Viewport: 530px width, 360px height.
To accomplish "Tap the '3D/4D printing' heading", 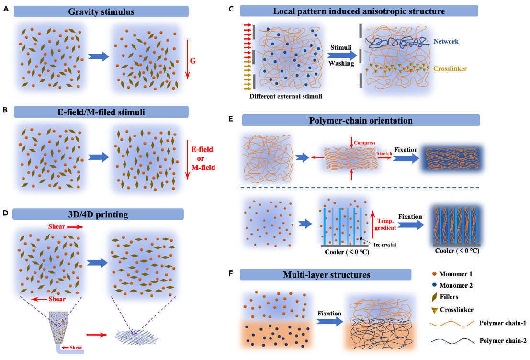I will point(101,215).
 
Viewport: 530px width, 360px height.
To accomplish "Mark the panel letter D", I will point(5,211).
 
